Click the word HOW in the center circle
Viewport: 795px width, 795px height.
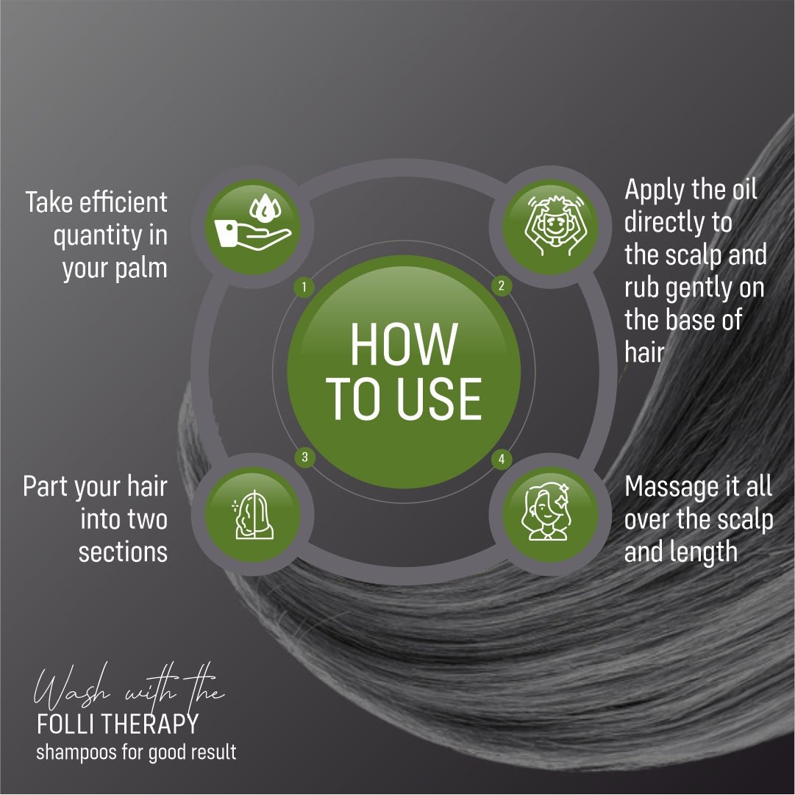(404, 344)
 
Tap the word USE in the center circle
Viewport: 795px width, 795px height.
(439, 399)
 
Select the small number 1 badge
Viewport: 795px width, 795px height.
(304, 288)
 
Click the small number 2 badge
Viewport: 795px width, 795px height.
(502, 285)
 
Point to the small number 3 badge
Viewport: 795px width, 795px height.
(304, 457)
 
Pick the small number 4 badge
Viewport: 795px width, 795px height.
(502, 460)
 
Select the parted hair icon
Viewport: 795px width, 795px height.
(253, 515)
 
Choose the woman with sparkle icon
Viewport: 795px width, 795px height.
(546, 512)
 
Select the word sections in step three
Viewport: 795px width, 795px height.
(124, 552)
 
